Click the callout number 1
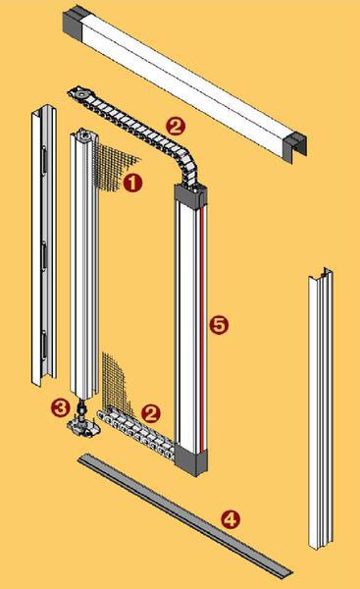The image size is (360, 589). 132,183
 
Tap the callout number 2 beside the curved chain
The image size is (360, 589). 176,126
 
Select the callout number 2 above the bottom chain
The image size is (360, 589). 151,413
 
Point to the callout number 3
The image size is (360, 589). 61,407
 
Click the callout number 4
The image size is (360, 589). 230,519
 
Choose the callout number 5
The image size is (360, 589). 219,325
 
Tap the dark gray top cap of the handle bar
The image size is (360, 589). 190,195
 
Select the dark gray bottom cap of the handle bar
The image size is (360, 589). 191,459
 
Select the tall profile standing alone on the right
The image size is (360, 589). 321,407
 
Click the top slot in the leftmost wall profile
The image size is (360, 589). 44,160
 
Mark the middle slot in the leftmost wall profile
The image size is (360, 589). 44,255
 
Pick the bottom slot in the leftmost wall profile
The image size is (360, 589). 44,345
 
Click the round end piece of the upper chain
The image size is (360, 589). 79,92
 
